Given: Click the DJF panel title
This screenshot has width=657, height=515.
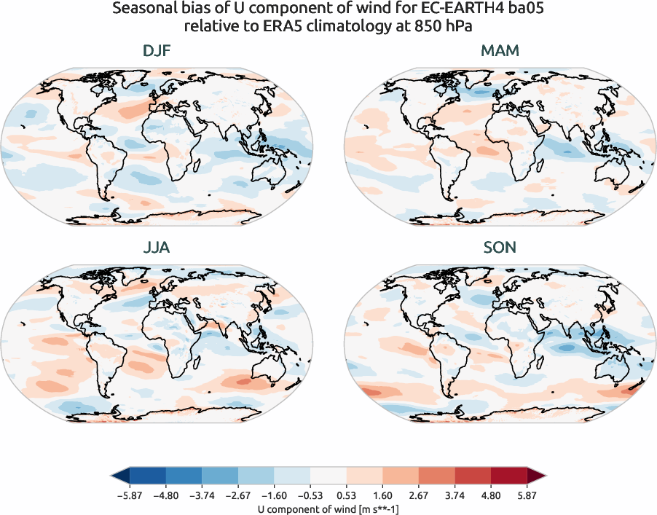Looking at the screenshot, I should (x=157, y=51).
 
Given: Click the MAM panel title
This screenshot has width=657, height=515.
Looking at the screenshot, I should (x=500, y=51).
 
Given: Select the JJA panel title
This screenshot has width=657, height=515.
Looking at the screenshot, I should (x=157, y=248).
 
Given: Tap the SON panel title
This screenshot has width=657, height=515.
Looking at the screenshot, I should (x=500, y=248).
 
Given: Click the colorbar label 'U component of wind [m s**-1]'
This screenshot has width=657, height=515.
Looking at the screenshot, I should (x=328, y=509).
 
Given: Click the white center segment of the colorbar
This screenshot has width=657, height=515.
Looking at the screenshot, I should (x=328, y=478).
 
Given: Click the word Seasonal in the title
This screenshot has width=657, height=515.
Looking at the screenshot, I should (x=144, y=10).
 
